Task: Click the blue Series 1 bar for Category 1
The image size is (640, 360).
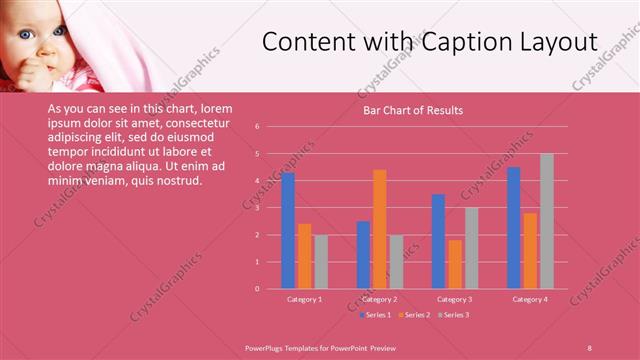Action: (288, 230)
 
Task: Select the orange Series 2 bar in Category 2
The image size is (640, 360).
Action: (380, 229)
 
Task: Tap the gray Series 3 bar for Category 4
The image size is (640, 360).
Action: (547, 221)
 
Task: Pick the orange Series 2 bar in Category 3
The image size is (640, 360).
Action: (455, 264)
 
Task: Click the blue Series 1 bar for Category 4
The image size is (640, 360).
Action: (514, 228)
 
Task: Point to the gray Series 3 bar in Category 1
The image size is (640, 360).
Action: (321, 262)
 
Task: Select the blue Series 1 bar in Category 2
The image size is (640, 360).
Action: (363, 255)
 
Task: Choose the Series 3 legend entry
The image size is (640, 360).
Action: (455, 315)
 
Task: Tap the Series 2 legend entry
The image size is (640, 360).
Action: (417, 315)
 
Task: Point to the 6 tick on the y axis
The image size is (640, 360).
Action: (257, 127)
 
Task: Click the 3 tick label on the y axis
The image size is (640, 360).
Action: (257, 208)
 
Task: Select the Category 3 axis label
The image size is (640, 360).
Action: (454, 299)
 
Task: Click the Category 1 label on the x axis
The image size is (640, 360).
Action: (304, 299)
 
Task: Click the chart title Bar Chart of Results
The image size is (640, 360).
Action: (412, 110)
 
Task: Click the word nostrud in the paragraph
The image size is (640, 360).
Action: (179, 181)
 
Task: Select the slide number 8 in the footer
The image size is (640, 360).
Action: (590, 347)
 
